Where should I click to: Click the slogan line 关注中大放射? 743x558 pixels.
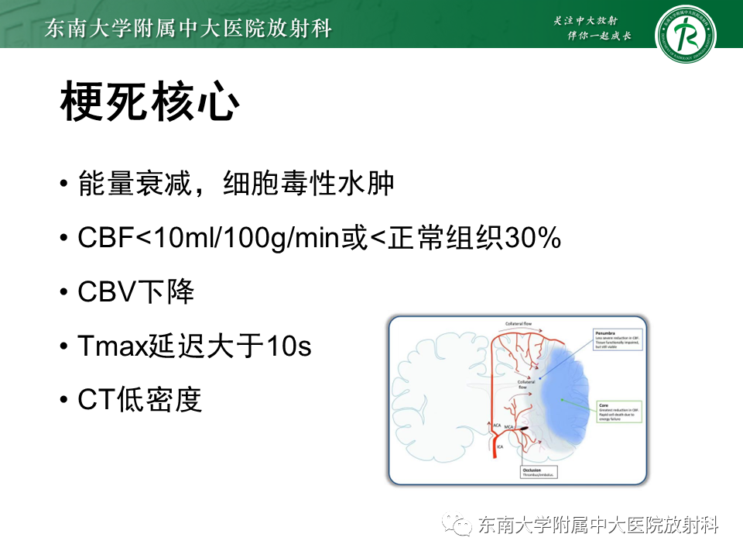[x=590, y=20]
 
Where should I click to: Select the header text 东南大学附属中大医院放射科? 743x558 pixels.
[x=189, y=29]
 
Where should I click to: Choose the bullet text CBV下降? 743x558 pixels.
[x=136, y=292]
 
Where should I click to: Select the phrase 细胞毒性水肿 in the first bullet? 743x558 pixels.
[x=309, y=184]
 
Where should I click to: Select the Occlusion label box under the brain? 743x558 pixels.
[x=535, y=470]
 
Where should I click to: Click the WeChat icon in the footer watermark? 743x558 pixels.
[x=457, y=526]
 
